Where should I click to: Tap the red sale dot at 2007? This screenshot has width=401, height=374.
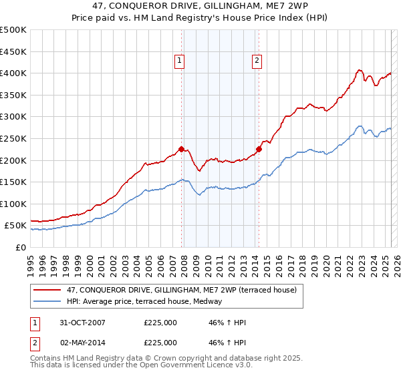[181, 149]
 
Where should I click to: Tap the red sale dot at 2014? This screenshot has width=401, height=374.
[259, 149]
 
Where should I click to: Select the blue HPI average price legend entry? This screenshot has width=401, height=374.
[148, 302]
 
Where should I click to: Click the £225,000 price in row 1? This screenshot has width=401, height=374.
[160, 323]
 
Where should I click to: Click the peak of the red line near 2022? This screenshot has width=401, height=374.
[360, 69]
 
